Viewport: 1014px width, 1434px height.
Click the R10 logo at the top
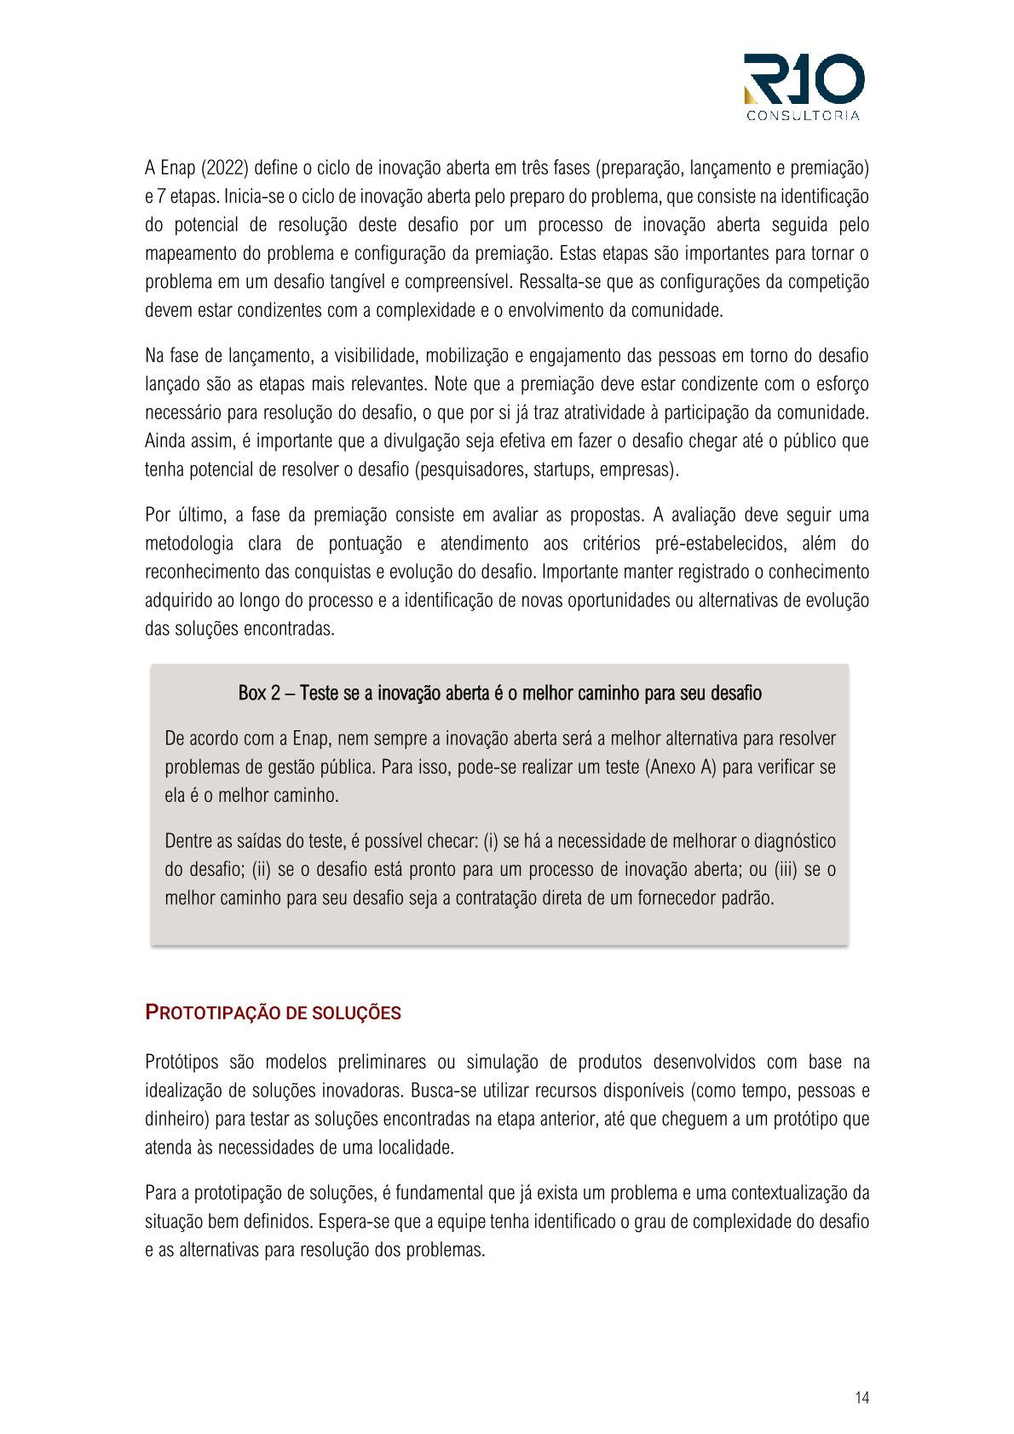click(804, 80)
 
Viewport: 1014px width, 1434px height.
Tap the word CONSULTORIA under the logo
click(804, 116)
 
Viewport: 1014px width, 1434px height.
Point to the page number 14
click(861, 1397)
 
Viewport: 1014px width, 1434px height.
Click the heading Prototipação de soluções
click(273, 1013)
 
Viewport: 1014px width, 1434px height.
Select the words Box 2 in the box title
click(259, 694)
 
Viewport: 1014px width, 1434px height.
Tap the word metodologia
click(188, 544)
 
